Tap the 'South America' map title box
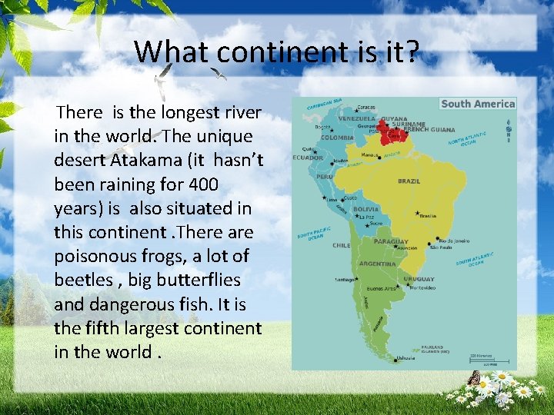pos(478,104)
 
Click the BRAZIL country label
pos(409,181)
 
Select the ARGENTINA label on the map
pos(378,264)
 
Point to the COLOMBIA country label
pos(337,138)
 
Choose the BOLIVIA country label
pos(365,209)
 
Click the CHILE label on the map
pos(341,246)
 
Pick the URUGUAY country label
pos(419,279)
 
